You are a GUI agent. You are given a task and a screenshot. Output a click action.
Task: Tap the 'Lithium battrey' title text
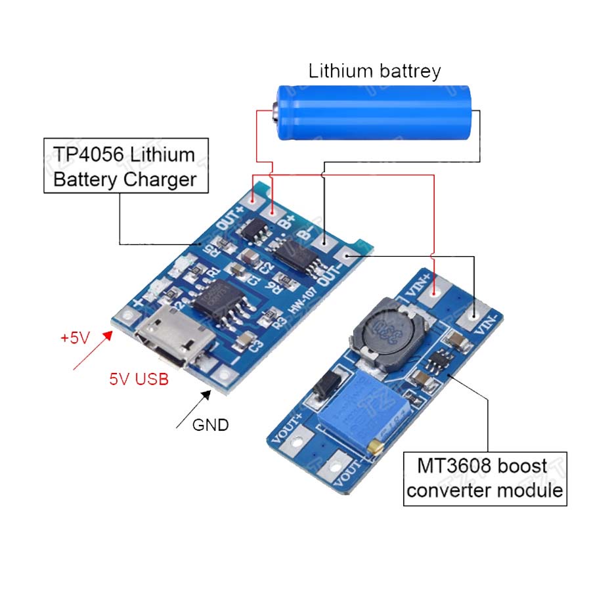click(x=374, y=71)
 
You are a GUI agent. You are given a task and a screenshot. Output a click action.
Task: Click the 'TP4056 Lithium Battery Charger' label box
click(x=125, y=166)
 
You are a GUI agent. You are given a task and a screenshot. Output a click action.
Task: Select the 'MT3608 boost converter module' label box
click(x=485, y=479)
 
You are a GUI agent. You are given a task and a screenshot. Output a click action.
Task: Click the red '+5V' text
click(x=74, y=338)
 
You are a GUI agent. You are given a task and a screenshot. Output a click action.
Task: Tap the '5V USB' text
click(x=138, y=379)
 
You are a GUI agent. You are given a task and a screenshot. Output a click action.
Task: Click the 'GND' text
click(x=210, y=425)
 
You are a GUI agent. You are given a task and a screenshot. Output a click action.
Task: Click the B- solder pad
click(x=324, y=242)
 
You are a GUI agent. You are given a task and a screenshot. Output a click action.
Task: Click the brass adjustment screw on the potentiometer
click(x=376, y=448)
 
